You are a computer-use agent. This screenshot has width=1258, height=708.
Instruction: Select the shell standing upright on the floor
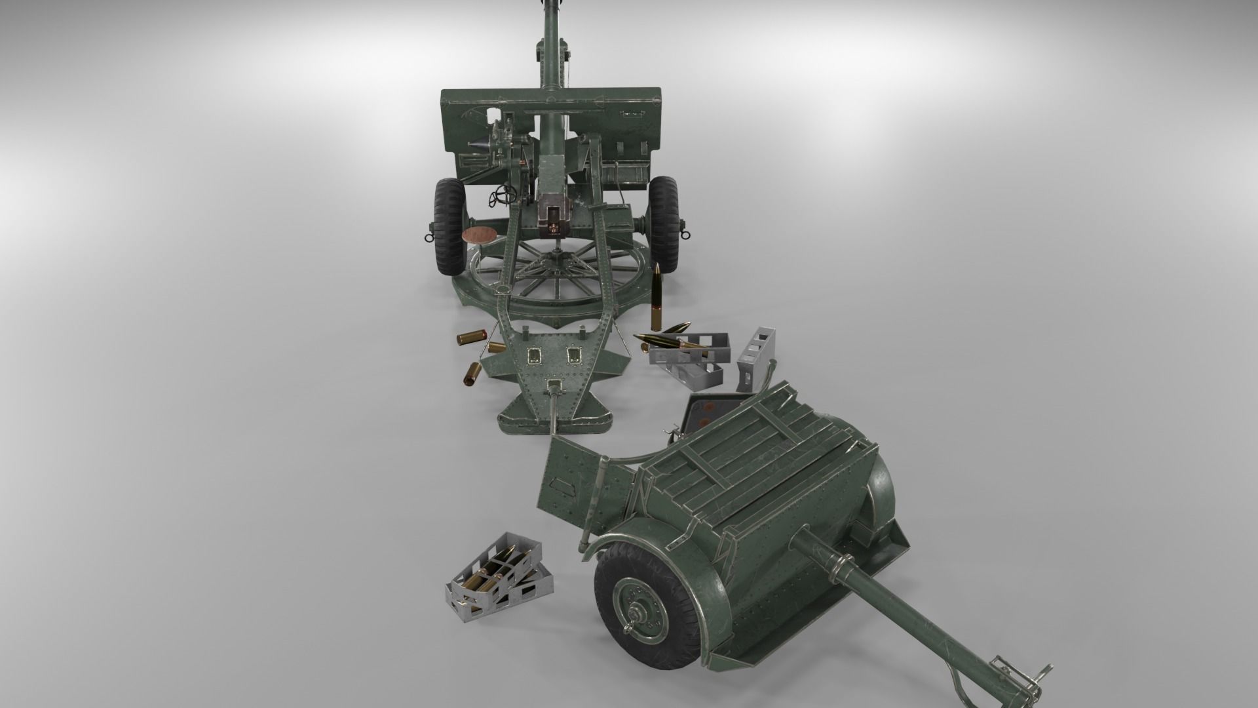pos(657,298)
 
